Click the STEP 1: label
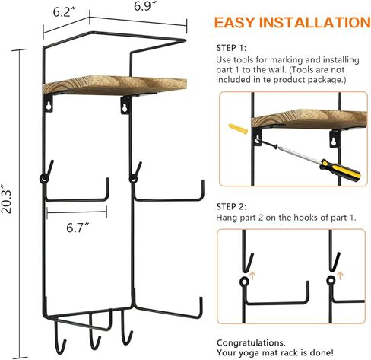(x=232, y=45)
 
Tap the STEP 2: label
(x=232, y=205)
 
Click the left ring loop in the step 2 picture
(x=244, y=282)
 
